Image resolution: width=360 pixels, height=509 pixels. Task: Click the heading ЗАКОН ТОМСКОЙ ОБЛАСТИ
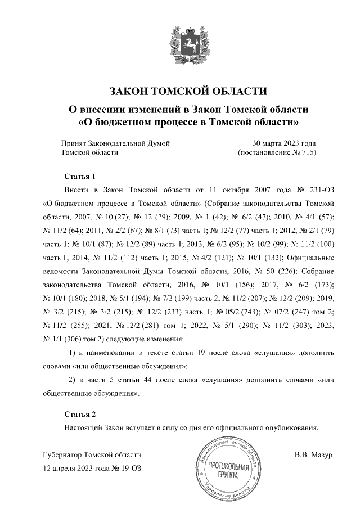tap(180, 91)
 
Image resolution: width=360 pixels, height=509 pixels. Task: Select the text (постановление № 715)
tap(277, 152)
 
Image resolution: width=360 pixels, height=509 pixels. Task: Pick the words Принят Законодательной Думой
tap(115, 143)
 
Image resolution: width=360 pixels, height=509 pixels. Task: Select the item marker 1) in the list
tap(71, 353)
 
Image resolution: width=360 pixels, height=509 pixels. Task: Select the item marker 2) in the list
tap(71, 380)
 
